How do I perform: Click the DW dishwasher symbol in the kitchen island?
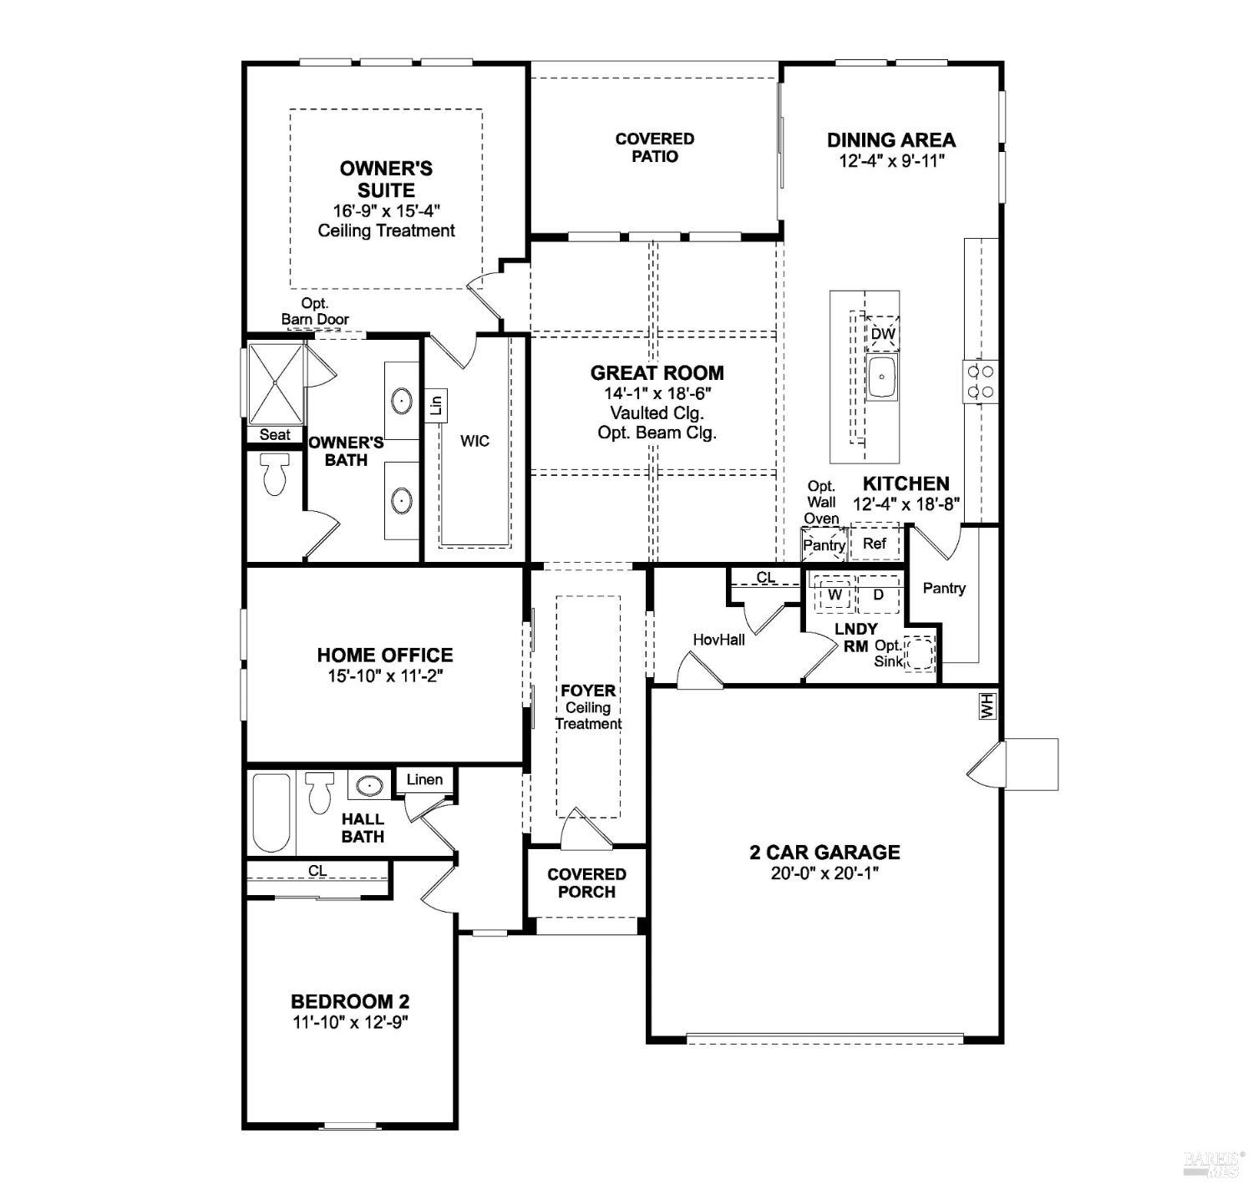(x=882, y=334)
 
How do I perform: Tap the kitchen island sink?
(x=881, y=377)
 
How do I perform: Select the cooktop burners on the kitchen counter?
(x=981, y=381)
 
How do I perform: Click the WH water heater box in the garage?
(x=987, y=706)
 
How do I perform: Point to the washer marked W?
(x=834, y=594)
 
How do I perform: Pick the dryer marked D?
(x=878, y=594)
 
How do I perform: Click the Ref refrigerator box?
(x=875, y=544)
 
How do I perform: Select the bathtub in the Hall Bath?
(x=271, y=812)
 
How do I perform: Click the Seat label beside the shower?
(x=275, y=434)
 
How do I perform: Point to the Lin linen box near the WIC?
(x=436, y=406)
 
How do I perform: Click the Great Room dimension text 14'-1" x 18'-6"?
(x=657, y=393)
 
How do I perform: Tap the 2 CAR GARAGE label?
(x=824, y=852)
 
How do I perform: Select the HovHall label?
(x=718, y=639)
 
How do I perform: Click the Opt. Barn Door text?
(x=315, y=311)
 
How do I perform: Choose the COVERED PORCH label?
(x=586, y=883)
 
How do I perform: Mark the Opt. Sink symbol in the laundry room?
(x=920, y=652)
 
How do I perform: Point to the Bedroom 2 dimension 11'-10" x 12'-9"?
(x=349, y=1021)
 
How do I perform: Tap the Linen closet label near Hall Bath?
(x=424, y=779)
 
